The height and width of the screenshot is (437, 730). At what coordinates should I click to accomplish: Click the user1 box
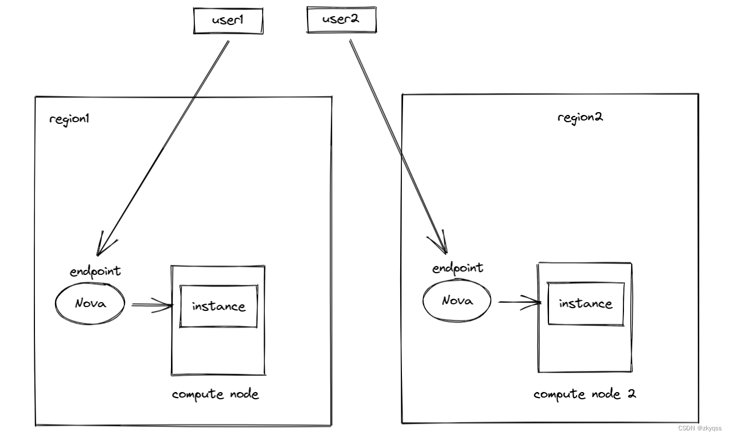[x=228, y=21]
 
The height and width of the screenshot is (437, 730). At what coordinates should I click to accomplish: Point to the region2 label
[x=580, y=117]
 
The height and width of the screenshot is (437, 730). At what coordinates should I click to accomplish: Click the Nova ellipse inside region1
[x=90, y=304]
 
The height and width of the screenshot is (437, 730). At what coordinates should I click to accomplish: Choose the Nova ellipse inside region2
[x=457, y=301]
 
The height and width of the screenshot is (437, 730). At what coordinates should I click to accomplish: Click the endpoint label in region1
[x=95, y=272]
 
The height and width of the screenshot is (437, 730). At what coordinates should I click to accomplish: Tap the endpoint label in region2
[x=457, y=268]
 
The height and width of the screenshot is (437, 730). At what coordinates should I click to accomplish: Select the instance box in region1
[x=218, y=307]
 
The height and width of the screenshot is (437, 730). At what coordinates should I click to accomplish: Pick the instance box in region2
[x=585, y=304]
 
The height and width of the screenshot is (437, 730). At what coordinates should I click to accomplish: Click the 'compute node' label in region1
[x=215, y=394]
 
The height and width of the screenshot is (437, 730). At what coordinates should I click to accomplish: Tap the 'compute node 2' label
[x=584, y=394]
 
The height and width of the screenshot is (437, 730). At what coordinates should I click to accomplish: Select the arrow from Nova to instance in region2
[x=518, y=302]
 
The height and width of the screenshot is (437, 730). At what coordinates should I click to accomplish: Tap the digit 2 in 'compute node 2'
[x=631, y=394]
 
